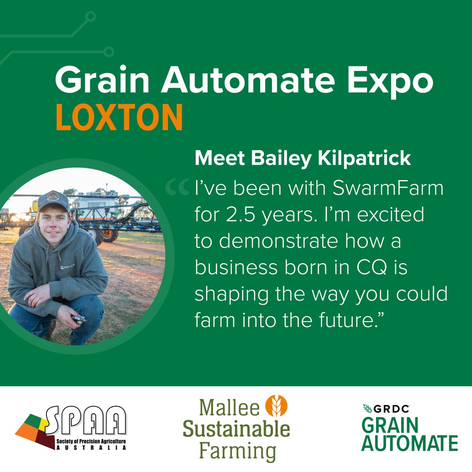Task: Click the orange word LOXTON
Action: point(119,117)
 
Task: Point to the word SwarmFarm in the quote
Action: point(388,188)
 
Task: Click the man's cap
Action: point(53,200)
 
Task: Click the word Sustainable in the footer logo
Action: point(236,430)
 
